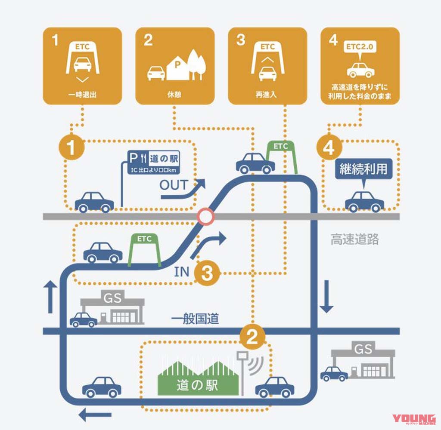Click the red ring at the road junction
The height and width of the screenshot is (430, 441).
tap(205, 216)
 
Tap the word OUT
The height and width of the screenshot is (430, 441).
tap(174, 185)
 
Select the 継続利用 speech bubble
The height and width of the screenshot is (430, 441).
tap(364, 169)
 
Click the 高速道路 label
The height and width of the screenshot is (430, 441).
tap(355, 240)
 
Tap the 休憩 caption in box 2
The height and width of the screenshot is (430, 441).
tap(175, 95)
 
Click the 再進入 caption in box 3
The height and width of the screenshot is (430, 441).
tap(267, 95)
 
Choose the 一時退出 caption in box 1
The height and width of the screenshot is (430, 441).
tap(82, 95)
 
